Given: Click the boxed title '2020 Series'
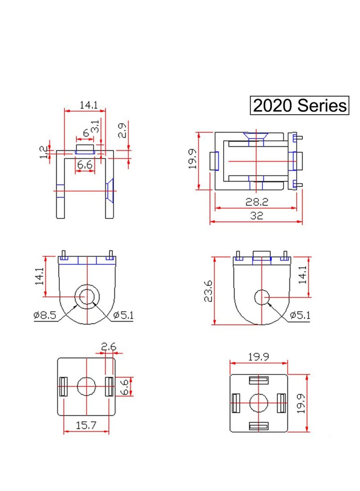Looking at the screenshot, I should pos(299,106).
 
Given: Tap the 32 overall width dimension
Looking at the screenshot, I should pos(256,216).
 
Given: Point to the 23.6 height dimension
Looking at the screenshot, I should pos(208,291).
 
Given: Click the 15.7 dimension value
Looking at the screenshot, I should pos(86,425).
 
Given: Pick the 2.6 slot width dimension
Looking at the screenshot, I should pos(108,347).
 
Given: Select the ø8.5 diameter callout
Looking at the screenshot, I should pos(45,315).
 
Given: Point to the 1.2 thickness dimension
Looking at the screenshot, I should pos(44,153).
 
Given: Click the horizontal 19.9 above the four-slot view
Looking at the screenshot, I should pos(258,357).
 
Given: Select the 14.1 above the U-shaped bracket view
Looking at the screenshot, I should pos(89,105).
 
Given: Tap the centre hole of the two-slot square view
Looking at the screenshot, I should pos(86,386).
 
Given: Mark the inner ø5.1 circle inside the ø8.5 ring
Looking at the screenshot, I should pos(87,297).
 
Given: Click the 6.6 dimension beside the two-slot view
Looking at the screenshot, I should pos(126,386).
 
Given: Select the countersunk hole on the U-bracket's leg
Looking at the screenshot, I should pos(109,190).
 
